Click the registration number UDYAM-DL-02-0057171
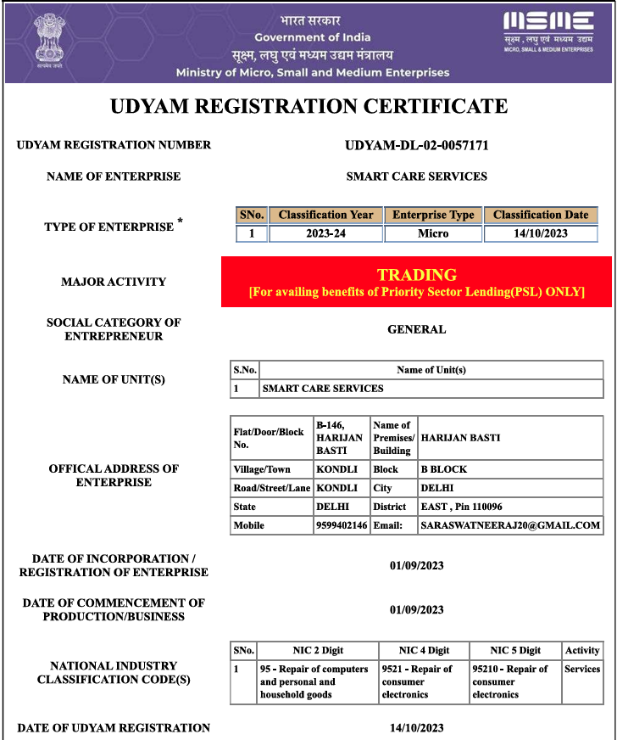(x=417, y=145)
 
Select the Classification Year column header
(x=325, y=215)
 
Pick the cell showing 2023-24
(x=325, y=233)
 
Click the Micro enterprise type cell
(x=433, y=233)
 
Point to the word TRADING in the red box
(x=417, y=275)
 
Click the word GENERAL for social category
(x=416, y=329)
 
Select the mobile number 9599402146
(x=342, y=525)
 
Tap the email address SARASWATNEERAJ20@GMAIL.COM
(x=510, y=525)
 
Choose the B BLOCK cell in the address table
(x=443, y=469)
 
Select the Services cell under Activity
(x=582, y=670)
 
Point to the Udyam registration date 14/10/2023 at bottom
(x=416, y=727)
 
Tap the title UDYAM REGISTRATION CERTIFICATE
(x=308, y=106)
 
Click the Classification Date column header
(x=541, y=215)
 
